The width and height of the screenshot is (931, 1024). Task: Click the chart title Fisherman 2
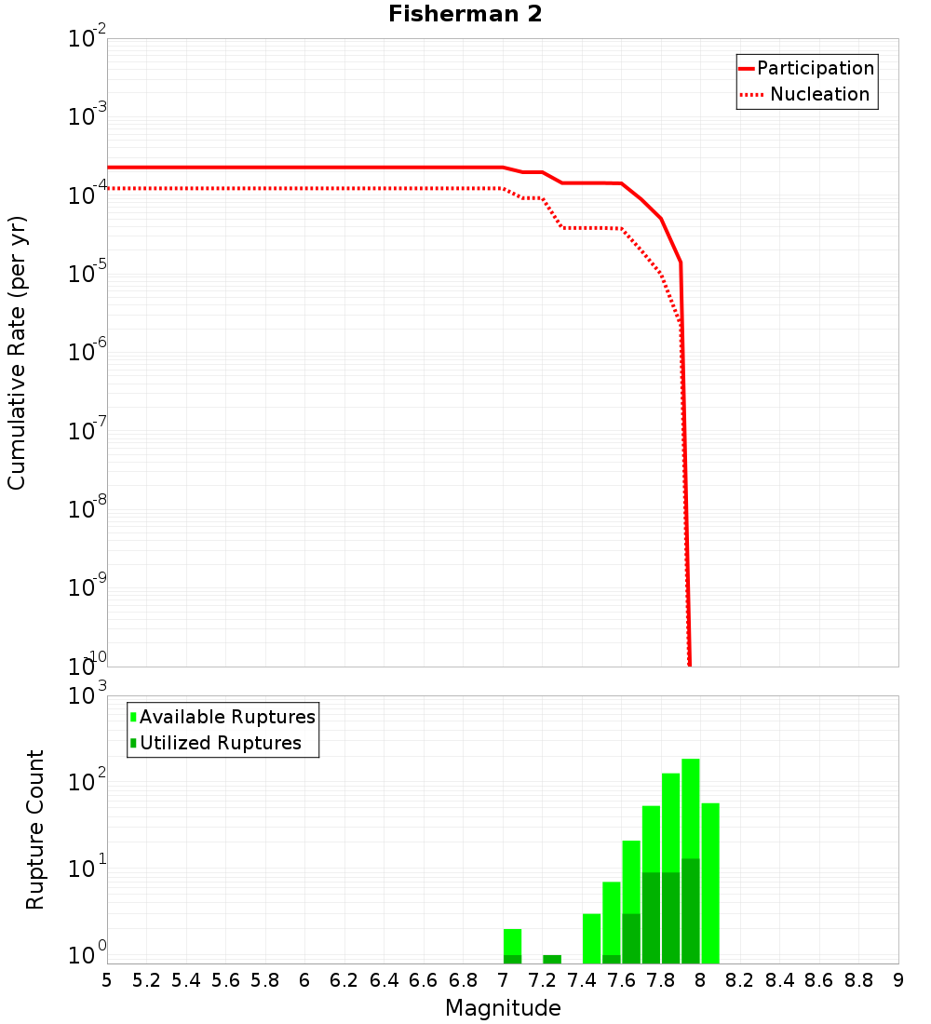[465, 14]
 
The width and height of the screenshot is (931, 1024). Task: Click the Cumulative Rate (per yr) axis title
[17, 353]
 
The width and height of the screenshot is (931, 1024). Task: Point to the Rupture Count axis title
[35, 829]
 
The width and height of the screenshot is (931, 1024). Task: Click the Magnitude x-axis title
[503, 1008]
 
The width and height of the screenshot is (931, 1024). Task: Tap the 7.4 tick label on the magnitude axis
[582, 980]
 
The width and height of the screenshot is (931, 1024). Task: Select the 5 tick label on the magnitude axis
[107, 980]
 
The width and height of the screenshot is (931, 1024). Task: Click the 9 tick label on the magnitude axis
[898, 980]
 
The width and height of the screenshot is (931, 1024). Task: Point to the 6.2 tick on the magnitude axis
[344, 980]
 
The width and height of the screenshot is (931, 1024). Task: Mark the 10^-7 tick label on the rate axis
[88, 431]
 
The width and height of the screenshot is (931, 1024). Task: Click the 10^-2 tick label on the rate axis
[88, 39]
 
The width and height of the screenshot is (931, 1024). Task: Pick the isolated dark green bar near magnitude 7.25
[552, 959]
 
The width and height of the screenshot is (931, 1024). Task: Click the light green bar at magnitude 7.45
[591, 938]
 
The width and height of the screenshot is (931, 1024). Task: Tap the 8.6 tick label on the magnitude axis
[819, 980]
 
